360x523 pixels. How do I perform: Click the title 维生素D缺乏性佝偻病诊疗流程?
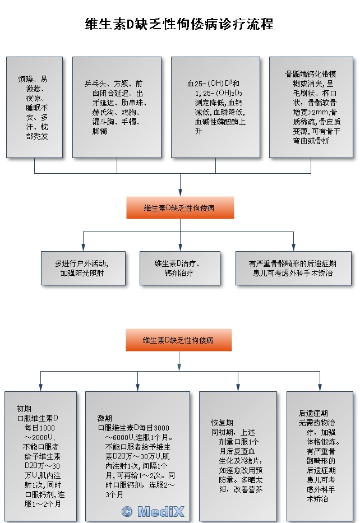tap(179, 24)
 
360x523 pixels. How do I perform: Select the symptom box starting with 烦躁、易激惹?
tap(35, 107)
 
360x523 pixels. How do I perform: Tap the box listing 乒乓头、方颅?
tap(117, 107)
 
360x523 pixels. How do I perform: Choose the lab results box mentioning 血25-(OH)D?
tap(215, 107)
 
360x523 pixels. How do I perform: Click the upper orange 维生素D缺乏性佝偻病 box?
tap(179, 207)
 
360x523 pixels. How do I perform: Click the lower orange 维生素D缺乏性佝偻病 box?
tap(178, 340)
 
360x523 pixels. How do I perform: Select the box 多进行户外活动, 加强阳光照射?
tap(83, 268)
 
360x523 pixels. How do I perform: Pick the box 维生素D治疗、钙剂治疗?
tap(179, 268)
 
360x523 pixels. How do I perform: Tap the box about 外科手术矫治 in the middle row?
tap(293, 268)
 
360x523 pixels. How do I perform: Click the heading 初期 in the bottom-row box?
tap(24, 408)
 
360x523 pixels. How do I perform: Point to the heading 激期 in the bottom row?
tap(105, 418)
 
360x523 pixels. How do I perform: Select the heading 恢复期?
tap(222, 422)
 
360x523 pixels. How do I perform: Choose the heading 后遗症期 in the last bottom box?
tap(313, 413)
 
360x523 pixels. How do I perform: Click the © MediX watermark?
tap(153, 511)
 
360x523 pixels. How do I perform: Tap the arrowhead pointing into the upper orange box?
tap(180, 193)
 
